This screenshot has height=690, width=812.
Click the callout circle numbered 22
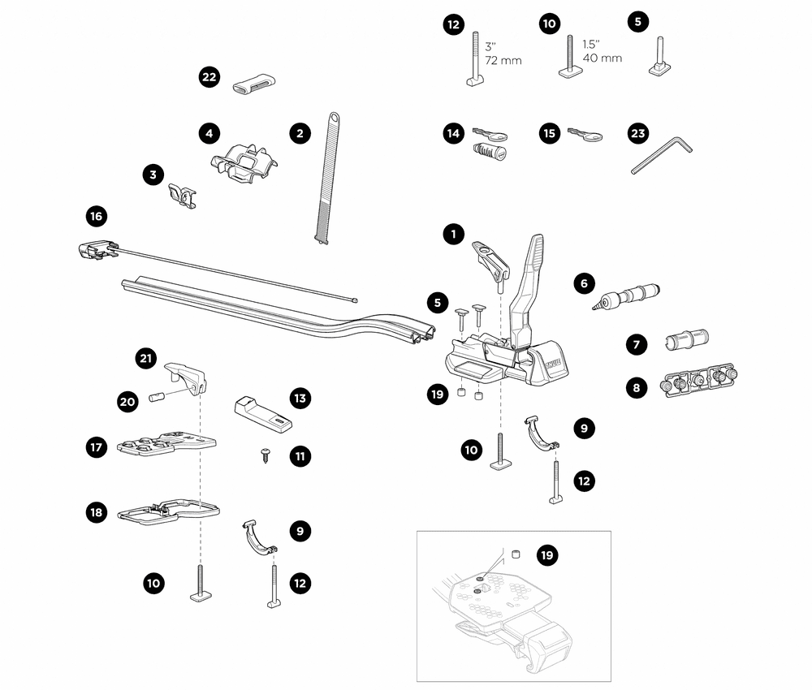pos(209,77)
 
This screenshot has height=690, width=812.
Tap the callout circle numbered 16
pos(97,217)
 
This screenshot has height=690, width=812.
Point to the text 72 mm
pos(503,61)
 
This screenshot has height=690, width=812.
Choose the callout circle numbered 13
pos(300,398)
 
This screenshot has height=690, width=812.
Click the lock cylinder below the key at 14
pos(489,152)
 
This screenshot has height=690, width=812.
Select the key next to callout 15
pos(585,135)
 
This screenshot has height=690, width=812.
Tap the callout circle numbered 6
pos(582,283)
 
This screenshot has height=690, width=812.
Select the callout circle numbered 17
pos(97,447)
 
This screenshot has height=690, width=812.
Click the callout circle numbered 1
pos(453,235)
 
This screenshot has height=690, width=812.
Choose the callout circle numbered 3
pos(152,174)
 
